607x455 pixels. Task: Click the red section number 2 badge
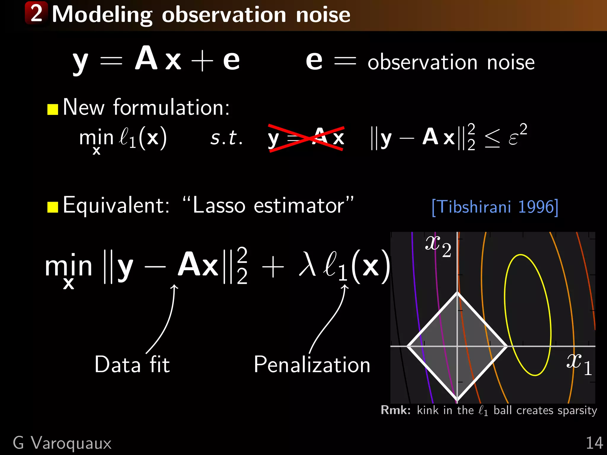click(x=36, y=13)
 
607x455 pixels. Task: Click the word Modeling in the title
click(x=102, y=15)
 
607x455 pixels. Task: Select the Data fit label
click(x=132, y=364)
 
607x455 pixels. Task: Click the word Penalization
click(x=312, y=364)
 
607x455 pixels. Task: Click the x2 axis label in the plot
click(x=438, y=245)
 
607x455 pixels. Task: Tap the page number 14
click(x=594, y=443)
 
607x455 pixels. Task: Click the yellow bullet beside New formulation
click(x=53, y=109)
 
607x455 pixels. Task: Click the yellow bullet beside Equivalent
click(x=53, y=207)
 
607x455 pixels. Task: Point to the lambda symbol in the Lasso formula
click(x=307, y=264)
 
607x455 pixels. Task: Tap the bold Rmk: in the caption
click(x=395, y=410)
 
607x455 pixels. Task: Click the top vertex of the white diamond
click(x=457, y=293)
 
